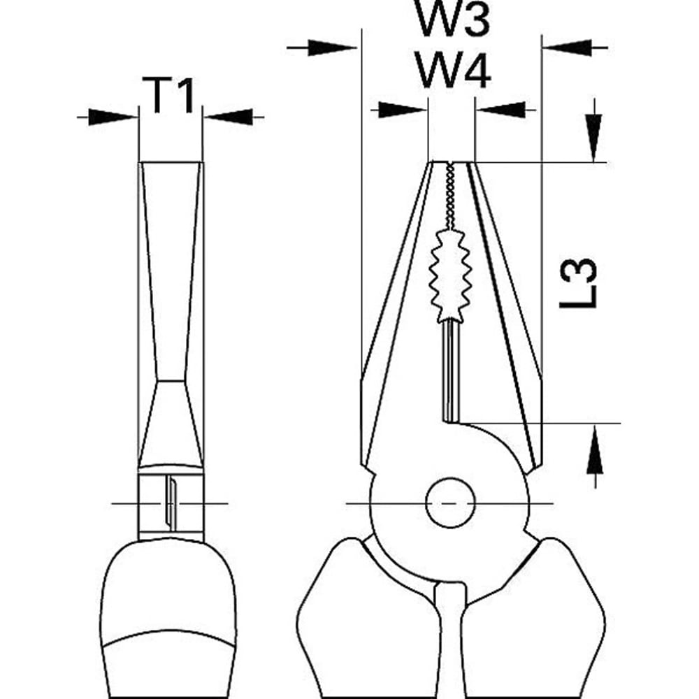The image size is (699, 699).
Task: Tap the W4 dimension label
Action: tap(452, 71)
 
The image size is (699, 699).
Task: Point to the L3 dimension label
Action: tap(579, 283)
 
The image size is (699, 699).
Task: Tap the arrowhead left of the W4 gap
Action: tap(403, 109)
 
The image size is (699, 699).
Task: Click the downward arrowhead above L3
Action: tap(594, 137)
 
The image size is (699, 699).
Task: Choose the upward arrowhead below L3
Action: tap(594, 450)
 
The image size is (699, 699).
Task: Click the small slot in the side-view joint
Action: tap(168, 503)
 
